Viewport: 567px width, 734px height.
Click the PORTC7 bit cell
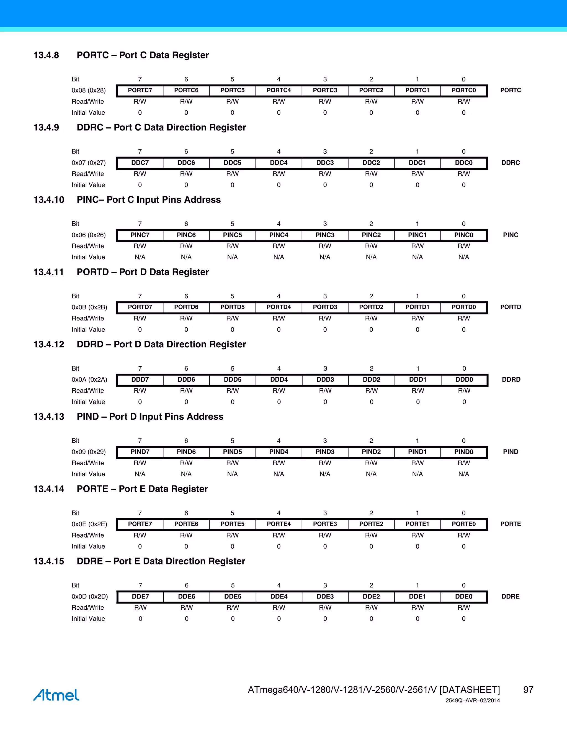pyautogui.click(x=140, y=90)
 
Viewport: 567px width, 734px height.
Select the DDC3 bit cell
pyautogui.click(x=325, y=163)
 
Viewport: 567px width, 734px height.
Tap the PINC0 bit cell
pyautogui.click(x=463, y=235)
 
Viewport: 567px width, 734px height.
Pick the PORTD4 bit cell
pyautogui.click(x=279, y=307)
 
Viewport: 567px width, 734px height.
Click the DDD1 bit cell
pyautogui.click(x=417, y=379)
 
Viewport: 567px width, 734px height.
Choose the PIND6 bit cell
pyautogui.click(x=186, y=452)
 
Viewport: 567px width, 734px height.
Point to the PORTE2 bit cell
pyautogui.click(x=371, y=524)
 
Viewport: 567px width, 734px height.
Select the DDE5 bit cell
pyautogui.click(x=233, y=596)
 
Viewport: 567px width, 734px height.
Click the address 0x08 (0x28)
pyautogui.click(x=89, y=90)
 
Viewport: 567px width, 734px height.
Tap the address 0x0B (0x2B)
pyautogui.click(x=89, y=307)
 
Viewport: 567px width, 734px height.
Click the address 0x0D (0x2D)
pyautogui.click(x=90, y=596)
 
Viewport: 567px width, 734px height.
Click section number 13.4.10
pyautogui.click(x=49, y=200)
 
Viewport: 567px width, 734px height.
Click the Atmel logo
pyautogui.click(x=56, y=695)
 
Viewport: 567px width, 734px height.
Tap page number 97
pyautogui.click(x=528, y=690)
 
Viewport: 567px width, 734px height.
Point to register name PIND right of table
pyautogui.click(x=511, y=452)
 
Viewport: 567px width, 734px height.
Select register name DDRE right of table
pyautogui.click(x=511, y=596)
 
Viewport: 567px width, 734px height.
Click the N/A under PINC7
pyautogui.click(x=140, y=257)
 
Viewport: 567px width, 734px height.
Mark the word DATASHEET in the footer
pyautogui.click(x=470, y=690)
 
